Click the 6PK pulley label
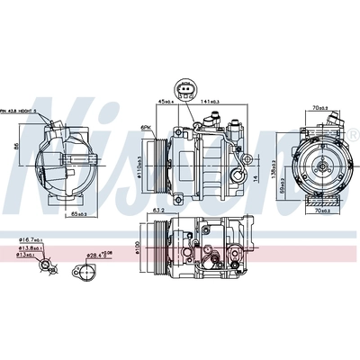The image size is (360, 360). pyautogui.click(x=147, y=127)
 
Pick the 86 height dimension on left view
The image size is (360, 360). pyautogui.click(x=15, y=145)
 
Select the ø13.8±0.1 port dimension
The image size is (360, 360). pyautogui.click(x=30, y=249)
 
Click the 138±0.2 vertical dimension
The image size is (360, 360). pyautogui.click(x=267, y=157)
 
